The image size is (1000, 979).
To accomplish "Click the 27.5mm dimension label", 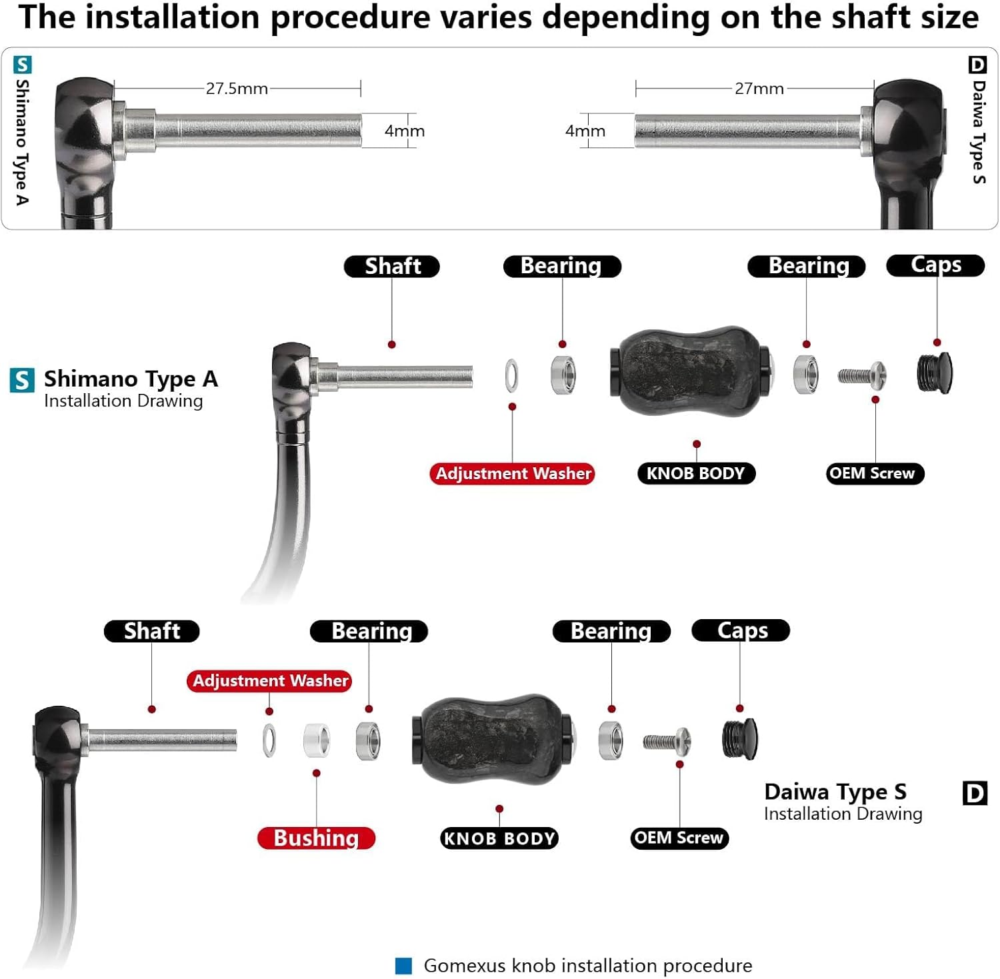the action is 237,88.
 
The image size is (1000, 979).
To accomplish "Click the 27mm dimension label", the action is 759,88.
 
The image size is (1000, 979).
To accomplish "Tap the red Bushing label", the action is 316,838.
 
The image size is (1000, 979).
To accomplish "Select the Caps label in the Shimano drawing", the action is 935,265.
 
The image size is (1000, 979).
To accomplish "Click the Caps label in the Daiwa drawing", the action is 741,630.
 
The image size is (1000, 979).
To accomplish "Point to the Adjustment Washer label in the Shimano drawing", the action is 513,473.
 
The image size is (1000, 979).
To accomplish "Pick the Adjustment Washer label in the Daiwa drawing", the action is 269,680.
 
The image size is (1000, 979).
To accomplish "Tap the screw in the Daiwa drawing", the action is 667,740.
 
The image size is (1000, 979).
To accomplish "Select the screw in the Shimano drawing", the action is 862,375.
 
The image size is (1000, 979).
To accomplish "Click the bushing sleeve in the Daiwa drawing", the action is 317,740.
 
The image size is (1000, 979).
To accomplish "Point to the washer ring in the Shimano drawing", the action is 511,375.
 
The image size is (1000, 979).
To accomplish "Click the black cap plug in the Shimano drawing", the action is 935,373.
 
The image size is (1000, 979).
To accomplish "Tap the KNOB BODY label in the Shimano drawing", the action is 696,473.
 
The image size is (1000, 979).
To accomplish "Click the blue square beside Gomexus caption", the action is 403,965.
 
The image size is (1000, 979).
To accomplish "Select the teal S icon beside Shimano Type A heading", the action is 22,380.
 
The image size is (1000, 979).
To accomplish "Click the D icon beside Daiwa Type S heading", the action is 975,793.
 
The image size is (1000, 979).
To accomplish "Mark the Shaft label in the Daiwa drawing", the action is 152,631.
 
